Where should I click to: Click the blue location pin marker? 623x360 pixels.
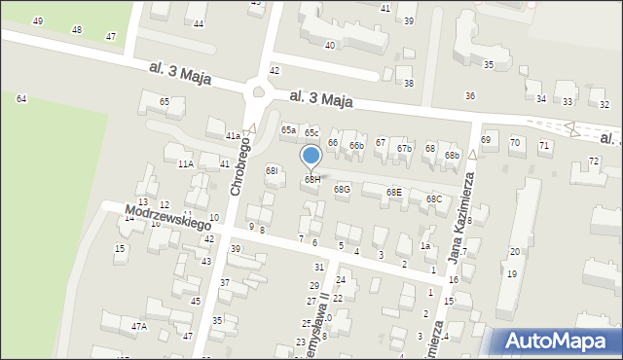pos(311,157)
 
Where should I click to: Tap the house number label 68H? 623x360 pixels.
pos(311,179)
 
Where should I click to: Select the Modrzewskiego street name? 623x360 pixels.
pos(168,217)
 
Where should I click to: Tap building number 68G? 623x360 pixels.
pos(342,189)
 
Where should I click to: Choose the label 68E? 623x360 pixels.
pos(393,193)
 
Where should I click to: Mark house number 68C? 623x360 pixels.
pos(433,198)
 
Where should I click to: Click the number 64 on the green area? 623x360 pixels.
pos(21,99)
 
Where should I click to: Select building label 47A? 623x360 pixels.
pos(139,327)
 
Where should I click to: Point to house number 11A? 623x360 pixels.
pos(185,164)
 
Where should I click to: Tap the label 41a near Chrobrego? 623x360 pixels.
pos(233,135)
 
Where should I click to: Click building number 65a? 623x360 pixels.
pos(288,129)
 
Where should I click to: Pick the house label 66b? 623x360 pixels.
pos(357,146)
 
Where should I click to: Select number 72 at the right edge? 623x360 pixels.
pos(594,161)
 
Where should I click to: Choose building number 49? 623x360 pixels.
pos(38,20)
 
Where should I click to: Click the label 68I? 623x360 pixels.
pos(273,170)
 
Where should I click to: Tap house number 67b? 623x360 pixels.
pos(405,148)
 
